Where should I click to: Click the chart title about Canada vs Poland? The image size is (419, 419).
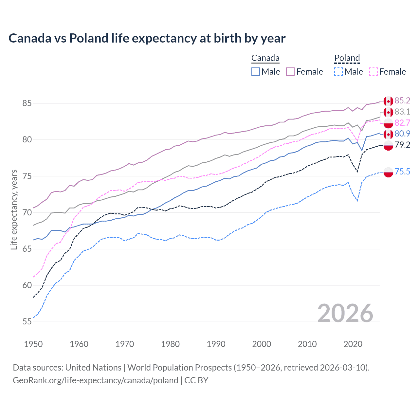tap(147, 38)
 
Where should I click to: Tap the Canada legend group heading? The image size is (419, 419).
tap(265, 58)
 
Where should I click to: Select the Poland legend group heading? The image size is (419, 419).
tap(347, 58)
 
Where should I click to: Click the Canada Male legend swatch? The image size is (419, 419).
tap(256, 72)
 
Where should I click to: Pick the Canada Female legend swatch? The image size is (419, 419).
tap(290, 72)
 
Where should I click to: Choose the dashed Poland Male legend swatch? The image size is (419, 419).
tap(338, 72)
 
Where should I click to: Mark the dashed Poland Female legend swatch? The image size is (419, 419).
tap(373, 72)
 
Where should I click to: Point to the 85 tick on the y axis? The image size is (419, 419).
tap(27, 103)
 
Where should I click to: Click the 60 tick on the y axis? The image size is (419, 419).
tap(27, 285)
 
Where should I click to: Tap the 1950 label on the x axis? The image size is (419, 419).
tap(33, 344)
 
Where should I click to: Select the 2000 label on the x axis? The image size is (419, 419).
tap(262, 344)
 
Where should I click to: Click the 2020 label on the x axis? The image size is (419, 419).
tap(353, 344)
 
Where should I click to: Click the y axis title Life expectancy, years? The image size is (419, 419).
tap(14, 209)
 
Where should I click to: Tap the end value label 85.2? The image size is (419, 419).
tap(402, 100)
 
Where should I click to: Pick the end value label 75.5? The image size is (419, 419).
tap(402, 172)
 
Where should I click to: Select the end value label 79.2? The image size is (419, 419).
tap(402, 145)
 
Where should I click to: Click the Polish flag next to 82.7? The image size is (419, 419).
tap(388, 123)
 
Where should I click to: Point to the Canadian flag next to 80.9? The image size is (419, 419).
tap(388, 134)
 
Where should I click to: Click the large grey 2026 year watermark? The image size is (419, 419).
tap(345, 313)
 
